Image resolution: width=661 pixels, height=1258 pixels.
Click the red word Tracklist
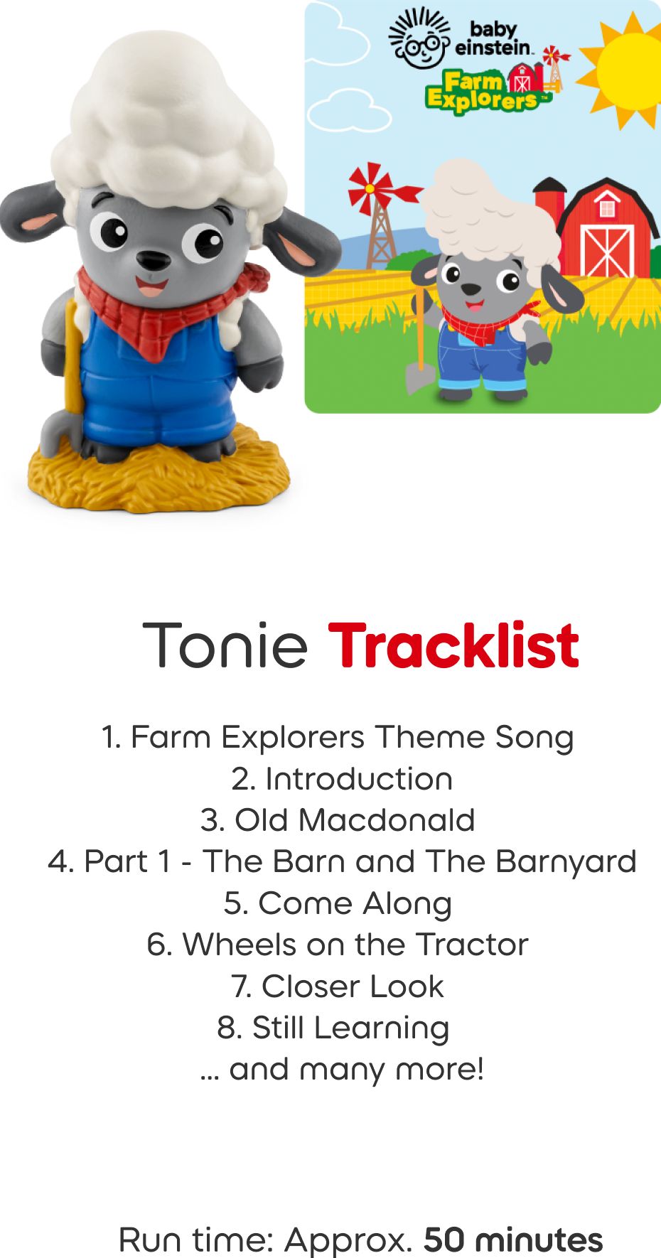[x=453, y=645]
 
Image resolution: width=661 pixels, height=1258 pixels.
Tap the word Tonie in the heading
[x=225, y=645]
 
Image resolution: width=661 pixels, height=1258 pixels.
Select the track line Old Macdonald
[x=338, y=820]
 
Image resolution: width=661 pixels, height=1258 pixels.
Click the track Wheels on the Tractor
[x=338, y=945]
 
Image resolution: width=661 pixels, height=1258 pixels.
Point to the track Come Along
[x=338, y=903]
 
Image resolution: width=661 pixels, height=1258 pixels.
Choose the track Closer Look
[x=338, y=986]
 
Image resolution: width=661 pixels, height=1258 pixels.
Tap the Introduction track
[x=342, y=779]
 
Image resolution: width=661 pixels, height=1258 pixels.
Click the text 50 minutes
[x=512, y=1240]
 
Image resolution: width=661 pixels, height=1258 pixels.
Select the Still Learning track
[x=333, y=1028]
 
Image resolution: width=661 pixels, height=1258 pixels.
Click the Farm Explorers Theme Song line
[x=338, y=737]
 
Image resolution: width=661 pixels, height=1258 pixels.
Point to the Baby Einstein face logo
[x=420, y=42]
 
